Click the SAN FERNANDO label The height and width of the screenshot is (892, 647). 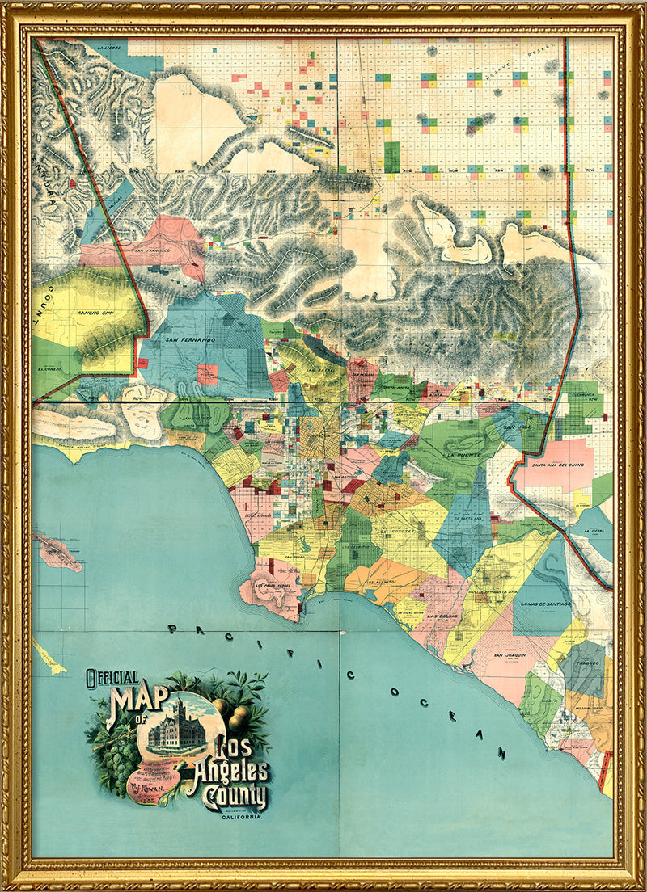190,340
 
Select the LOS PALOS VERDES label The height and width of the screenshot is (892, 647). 273,584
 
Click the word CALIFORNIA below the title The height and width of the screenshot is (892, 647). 246,817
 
